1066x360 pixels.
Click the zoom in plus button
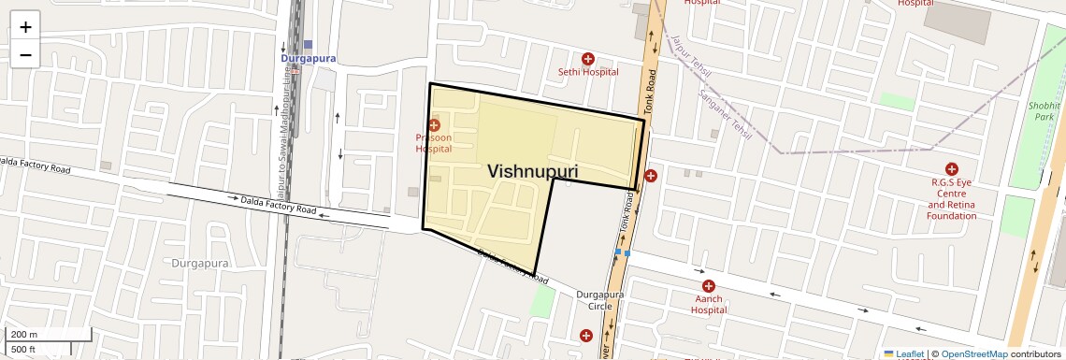point(25,27)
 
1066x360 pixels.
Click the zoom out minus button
point(25,55)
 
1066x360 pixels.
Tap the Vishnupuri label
point(532,172)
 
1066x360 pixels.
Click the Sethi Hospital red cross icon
point(588,58)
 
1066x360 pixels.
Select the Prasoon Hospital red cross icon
point(434,125)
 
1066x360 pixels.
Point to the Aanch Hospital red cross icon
point(709,286)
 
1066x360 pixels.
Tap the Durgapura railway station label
point(308,58)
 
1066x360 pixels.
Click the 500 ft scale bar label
point(23,350)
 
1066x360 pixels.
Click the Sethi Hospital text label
point(588,72)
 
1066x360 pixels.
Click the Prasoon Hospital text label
point(434,143)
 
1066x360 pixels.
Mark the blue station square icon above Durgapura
point(308,44)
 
